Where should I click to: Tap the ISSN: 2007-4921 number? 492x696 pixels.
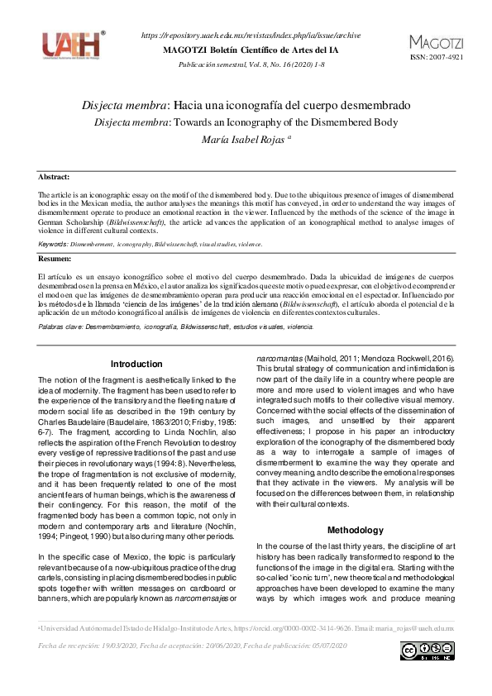tap(433, 58)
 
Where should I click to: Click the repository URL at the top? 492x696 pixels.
tap(251, 36)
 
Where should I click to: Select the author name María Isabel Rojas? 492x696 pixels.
tap(243, 141)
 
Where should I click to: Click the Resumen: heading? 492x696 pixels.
tap(55, 259)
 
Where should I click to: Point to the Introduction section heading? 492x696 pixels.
tap(136, 364)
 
